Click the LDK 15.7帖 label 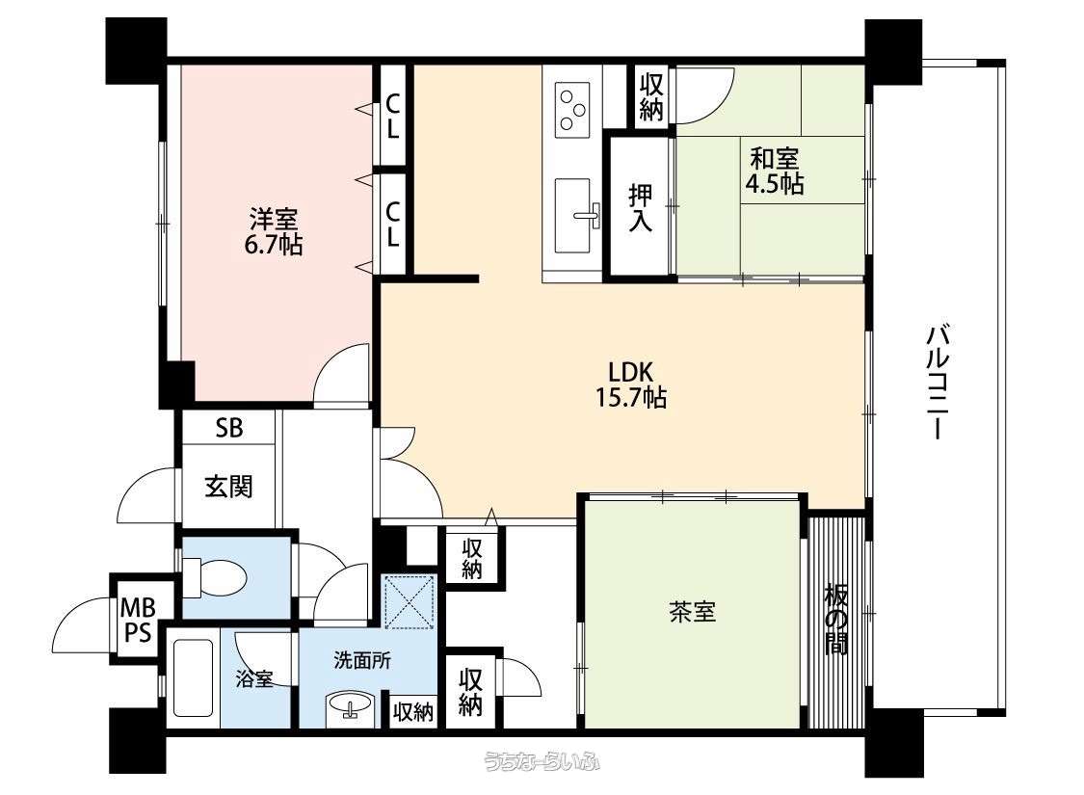pyautogui.click(x=630, y=384)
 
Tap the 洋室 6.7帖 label pyautogui.click(x=274, y=232)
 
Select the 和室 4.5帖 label pyautogui.click(x=775, y=172)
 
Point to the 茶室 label pyautogui.click(x=692, y=612)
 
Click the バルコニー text pyautogui.click(x=937, y=383)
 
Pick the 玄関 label pyautogui.click(x=228, y=487)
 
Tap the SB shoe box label pyautogui.click(x=228, y=428)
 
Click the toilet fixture pyautogui.click(x=212, y=577)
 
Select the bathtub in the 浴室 pyautogui.click(x=193, y=678)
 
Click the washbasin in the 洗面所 pyautogui.click(x=350, y=705)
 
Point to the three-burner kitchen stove pyautogui.click(x=574, y=110)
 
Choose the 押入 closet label pyautogui.click(x=640, y=206)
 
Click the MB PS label pyautogui.click(x=137, y=621)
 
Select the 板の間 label pyautogui.click(x=835, y=620)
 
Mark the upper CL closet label pyautogui.click(x=392, y=116)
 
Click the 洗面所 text pyautogui.click(x=362, y=660)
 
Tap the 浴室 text pyautogui.click(x=253, y=678)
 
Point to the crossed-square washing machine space pyautogui.click(x=410, y=601)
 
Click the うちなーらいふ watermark pyautogui.click(x=542, y=762)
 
